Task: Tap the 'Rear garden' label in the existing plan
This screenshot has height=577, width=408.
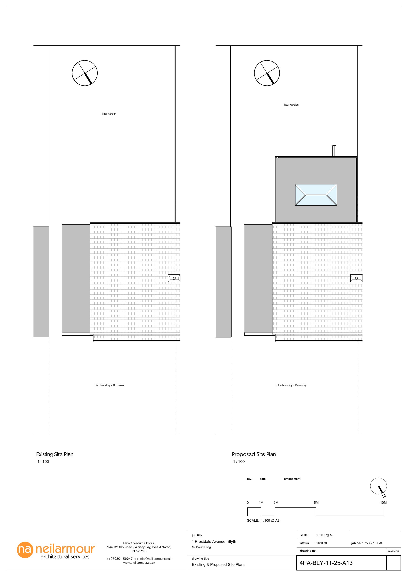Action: click(x=109, y=114)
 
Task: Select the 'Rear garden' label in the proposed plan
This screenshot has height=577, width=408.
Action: click(x=291, y=105)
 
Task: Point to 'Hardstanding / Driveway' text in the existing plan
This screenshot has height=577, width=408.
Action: click(x=109, y=385)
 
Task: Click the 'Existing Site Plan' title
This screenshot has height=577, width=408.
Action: click(x=55, y=454)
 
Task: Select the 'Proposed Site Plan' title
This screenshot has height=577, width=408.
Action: click(x=254, y=454)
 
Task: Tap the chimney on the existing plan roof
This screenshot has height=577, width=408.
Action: click(x=174, y=278)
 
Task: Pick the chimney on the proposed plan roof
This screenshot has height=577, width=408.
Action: click(x=356, y=278)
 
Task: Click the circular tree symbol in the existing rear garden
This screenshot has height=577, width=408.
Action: click(x=85, y=73)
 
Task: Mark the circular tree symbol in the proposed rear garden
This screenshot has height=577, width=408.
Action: click(x=267, y=73)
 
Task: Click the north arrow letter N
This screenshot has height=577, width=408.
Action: click(x=384, y=496)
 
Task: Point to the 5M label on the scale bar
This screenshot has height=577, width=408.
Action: click(x=316, y=503)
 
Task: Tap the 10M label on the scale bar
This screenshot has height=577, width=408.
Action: click(x=383, y=503)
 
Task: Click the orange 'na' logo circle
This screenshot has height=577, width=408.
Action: click(x=25, y=550)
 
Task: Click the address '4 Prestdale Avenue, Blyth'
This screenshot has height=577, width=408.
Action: click(x=214, y=542)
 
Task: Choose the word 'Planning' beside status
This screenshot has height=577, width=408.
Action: click(x=321, y=543)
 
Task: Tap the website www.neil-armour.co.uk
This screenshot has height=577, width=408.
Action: click(x=139, y=563)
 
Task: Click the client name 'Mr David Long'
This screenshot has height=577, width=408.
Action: click(x=201, y=547)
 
